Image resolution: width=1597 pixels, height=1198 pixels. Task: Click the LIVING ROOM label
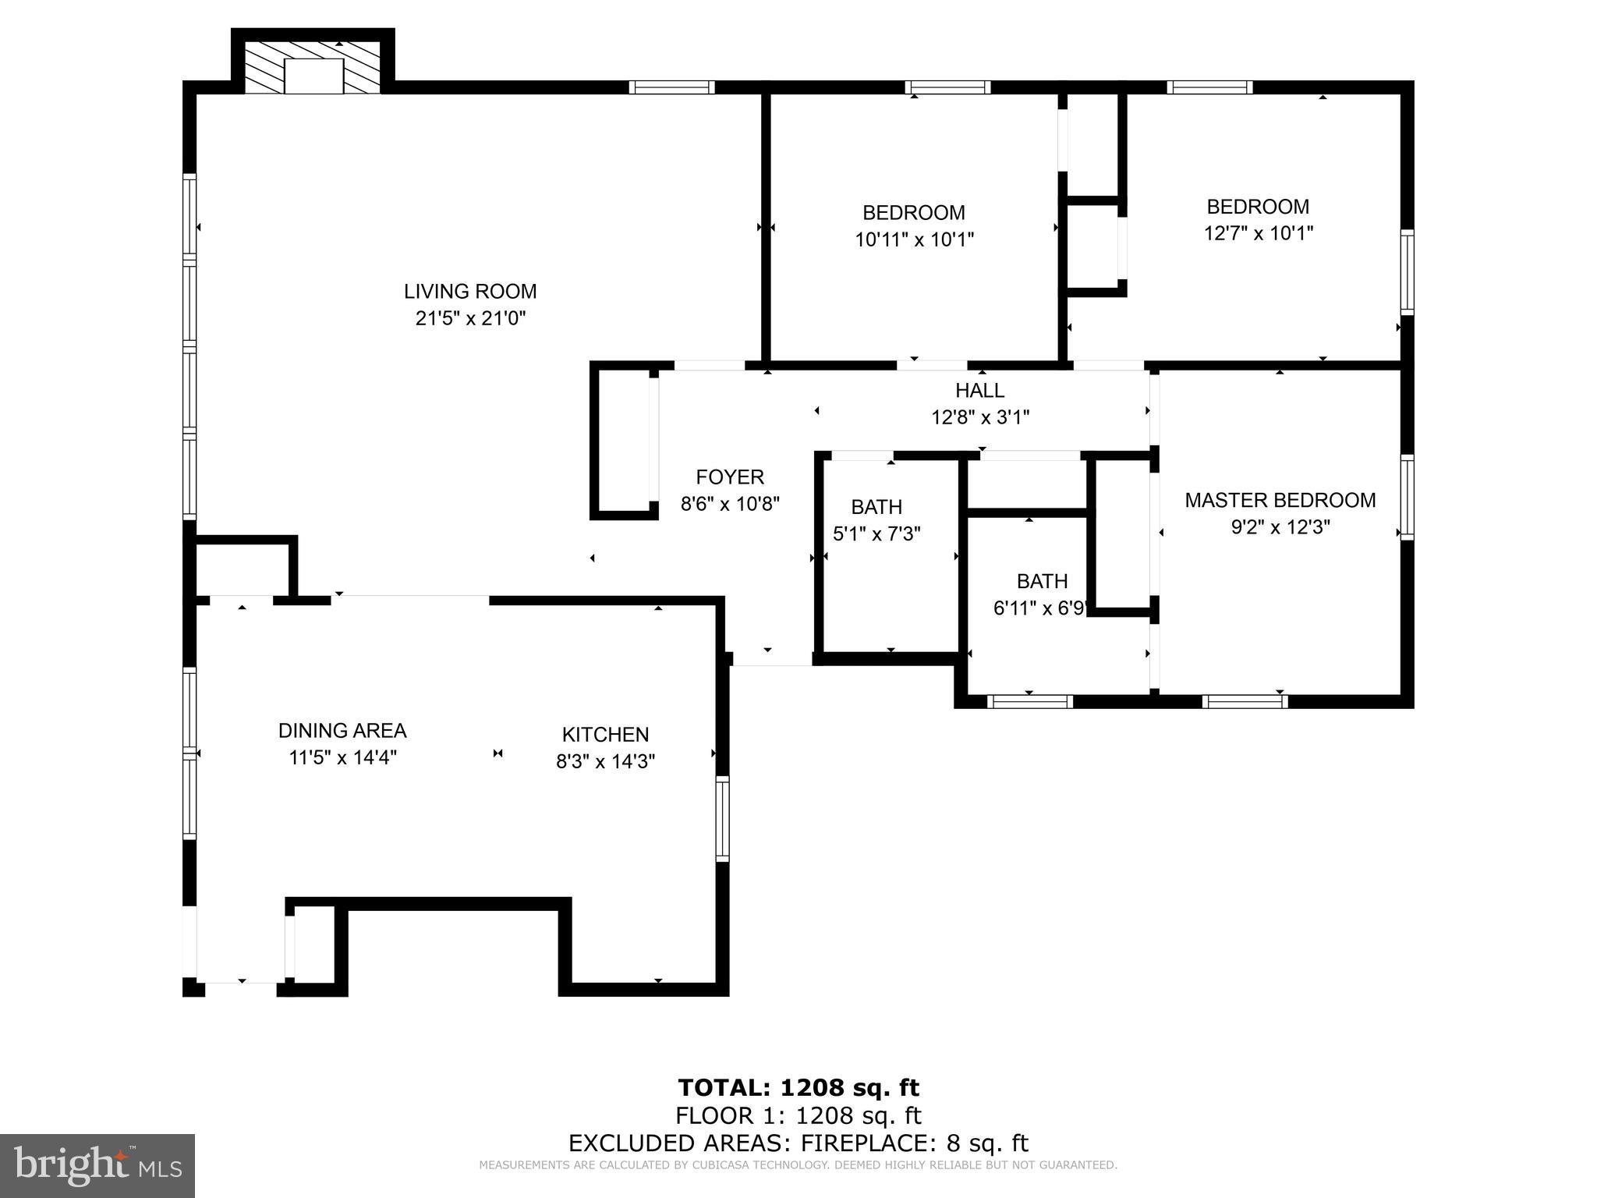(x=470, y=292)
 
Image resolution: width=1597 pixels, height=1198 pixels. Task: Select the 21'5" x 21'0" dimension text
(x=470, y=318)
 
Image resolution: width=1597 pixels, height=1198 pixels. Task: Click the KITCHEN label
(x=605, y=735)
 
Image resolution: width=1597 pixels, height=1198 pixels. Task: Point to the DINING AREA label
(x=342, y=731)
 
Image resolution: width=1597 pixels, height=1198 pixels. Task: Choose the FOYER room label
(x=730, y=477)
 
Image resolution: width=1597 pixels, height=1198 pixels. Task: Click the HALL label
(x=980, y=391)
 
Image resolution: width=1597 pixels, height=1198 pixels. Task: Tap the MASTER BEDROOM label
(x=1280, y=501)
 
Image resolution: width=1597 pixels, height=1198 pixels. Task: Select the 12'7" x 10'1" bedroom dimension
(x=1258, y=233)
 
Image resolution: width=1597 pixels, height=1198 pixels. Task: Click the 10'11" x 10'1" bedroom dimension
(x=915, y=239)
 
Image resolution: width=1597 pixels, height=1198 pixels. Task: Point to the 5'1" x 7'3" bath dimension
(x=876, y=534)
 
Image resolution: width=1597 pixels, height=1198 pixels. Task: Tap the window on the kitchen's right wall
(x=722, y=819)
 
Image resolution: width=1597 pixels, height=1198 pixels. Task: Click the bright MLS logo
(x=97, y=1165)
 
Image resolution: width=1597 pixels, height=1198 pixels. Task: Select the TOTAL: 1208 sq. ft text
(x=798, y=1087)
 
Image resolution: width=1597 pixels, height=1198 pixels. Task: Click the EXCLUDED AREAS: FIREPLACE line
(x=798, y=1143)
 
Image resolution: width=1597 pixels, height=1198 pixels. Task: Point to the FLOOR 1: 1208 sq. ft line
(x=798, y=1115)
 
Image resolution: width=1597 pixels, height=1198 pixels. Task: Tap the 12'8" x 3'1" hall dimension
(x=980, y=418)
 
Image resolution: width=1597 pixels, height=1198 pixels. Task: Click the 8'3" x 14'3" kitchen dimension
(x=605, y=761)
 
